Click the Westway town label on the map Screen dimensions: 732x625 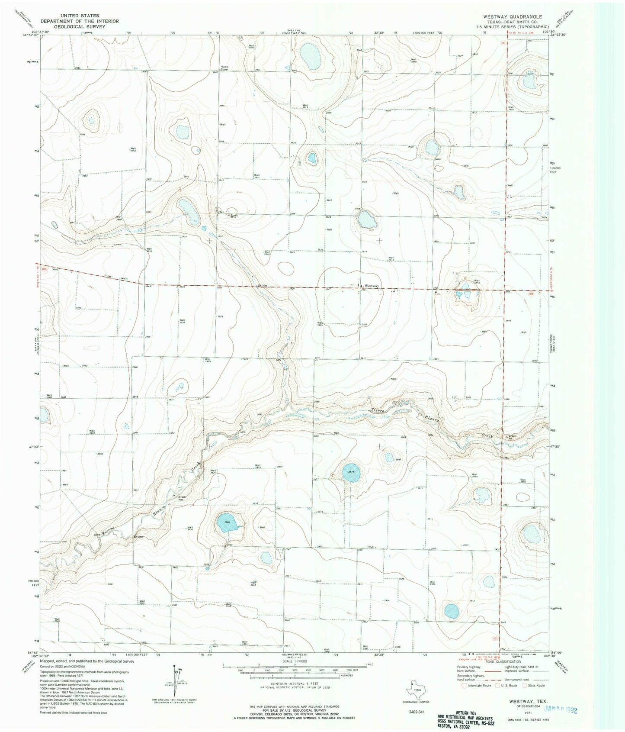[372, 286]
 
